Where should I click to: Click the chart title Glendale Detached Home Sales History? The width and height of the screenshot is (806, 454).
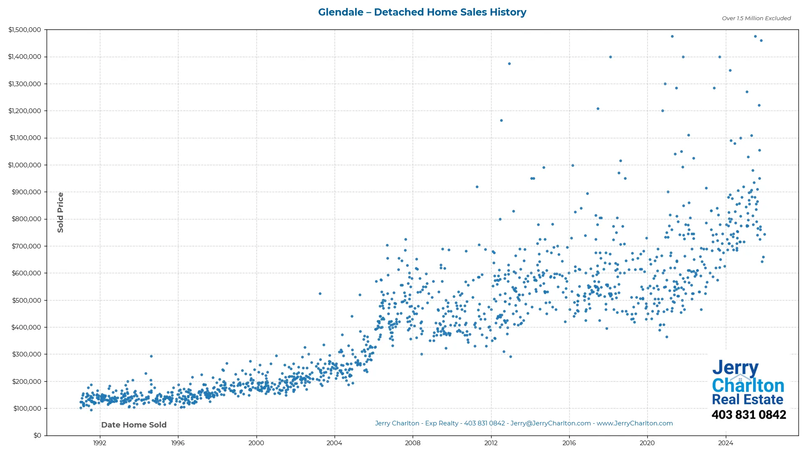[x=422, y=12]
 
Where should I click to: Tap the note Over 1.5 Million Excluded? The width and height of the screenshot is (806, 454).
[x=756, y=18]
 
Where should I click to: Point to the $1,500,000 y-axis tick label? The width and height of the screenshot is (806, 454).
[x=25, y=30]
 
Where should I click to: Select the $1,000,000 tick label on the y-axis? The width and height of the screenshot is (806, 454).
[x=25, y=165]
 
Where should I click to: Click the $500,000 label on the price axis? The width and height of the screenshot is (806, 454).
[x=26, y=301]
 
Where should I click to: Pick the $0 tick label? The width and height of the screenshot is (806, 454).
[x=37, y=436]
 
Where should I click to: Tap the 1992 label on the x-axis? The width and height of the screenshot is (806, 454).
[x=99, y=443]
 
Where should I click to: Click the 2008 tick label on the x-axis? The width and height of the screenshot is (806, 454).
[x=413, y=443]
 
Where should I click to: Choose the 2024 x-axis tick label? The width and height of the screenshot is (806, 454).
[x=725, y=443]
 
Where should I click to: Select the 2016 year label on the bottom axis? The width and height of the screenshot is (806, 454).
[x=569, y=443]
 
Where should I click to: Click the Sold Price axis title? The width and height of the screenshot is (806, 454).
[x=60, y=212]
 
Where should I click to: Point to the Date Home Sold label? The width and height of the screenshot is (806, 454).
[x=134, y=425]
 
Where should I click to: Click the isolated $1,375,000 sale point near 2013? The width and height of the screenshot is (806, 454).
[x=509, y=64]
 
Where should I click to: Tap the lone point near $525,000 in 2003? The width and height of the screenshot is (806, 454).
[x=320, y=294]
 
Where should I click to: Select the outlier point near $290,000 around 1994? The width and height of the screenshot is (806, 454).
[x=151, y=356]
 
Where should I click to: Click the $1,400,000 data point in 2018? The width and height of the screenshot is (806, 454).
[x=610, y=57]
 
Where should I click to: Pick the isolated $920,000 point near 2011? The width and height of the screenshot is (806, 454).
[x=477, y=187]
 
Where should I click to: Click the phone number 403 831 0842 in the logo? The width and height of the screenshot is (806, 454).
[x=748, y=415]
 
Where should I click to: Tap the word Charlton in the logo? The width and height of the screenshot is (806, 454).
[x=748, y=385]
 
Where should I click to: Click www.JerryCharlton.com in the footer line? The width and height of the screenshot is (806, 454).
[x=635, y=423]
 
